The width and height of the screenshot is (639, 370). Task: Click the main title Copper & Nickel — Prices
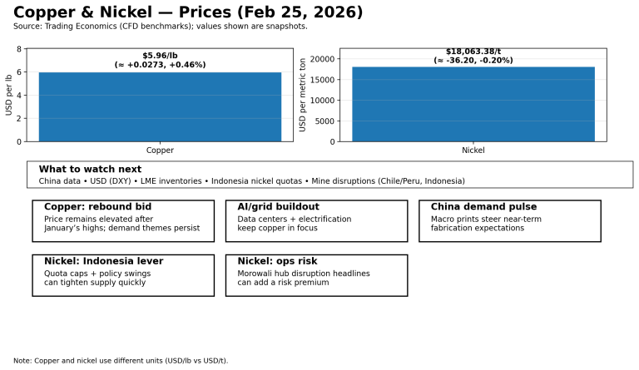(188, 12)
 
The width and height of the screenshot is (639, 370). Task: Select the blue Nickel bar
(473, 104)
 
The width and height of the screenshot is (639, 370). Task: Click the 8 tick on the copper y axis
(19, 49)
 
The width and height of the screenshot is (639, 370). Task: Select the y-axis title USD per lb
(9, 95)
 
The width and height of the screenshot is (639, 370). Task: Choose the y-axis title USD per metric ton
(303, 95)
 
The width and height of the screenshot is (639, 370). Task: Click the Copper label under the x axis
(160, 150)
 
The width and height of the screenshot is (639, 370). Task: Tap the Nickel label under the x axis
(473, 150)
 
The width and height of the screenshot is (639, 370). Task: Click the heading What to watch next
(90, 169)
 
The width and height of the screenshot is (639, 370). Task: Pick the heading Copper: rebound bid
(97, 207)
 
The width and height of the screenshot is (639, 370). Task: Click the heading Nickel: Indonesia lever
(103, 261)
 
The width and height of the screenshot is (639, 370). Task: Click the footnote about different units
(121, 361)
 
